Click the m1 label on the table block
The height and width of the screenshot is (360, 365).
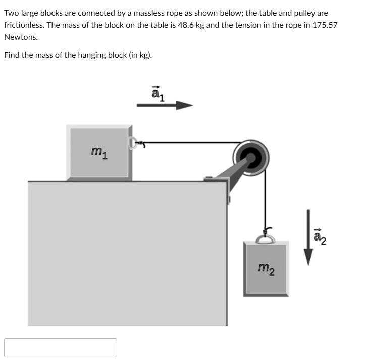[98, 151]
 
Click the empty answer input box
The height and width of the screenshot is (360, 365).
[61, 348]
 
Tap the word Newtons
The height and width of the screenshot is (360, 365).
[21, 37]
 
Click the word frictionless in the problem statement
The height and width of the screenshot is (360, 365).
[27, 25]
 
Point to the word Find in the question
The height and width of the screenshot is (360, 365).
[12, 55]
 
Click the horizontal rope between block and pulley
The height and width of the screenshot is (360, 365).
[192, 143]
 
